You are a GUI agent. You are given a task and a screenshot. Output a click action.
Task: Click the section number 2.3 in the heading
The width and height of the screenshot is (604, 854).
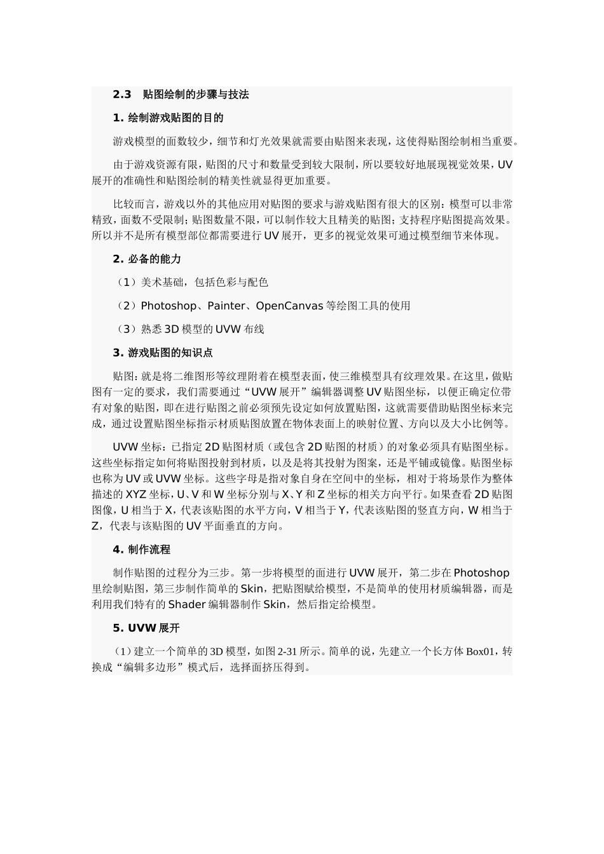click(x=122, y=95)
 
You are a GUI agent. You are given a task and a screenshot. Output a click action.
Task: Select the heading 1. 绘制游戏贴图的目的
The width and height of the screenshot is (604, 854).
click(x=168, y=118)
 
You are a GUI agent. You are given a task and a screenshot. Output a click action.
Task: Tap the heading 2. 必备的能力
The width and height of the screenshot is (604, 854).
click(x=147, y=259)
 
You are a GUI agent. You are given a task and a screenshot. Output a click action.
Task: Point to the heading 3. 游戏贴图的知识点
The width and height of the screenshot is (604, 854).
click(x=163, y=353)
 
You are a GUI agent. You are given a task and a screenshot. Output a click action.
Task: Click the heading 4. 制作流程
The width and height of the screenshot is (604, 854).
click(x=141, y=550)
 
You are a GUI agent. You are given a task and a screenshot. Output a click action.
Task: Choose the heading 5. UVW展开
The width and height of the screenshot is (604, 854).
click(x=146, y=628)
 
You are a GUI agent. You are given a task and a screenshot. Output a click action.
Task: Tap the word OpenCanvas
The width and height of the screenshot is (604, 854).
click(x=289, y=306)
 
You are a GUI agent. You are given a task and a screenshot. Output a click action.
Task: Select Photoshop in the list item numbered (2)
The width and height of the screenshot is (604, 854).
click(x=168, y=306)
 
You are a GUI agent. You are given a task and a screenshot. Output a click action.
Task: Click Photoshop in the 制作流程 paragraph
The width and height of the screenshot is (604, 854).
click(x=481, y=573)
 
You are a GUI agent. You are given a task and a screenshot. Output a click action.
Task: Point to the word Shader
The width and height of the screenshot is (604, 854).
click(x=186, y=604)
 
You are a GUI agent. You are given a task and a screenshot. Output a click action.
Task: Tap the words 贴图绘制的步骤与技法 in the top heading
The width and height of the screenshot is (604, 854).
click(x=196, y=95)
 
